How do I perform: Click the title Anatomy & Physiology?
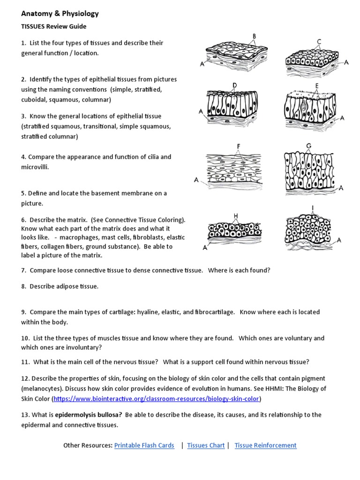point(60,14)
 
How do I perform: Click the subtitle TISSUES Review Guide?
point(53,27)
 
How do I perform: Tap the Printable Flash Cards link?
point(144,445)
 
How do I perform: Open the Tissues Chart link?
point(206,445)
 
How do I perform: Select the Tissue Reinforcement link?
point(265,445)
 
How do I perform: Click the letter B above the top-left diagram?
point(254,36)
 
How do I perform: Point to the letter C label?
point(319,42)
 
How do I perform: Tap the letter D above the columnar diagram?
point(234,85)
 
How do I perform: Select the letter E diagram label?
point(317,86)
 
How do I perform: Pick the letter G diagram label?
point(309,146)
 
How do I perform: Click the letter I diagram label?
point(312,208)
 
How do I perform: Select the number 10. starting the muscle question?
point(25,338)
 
